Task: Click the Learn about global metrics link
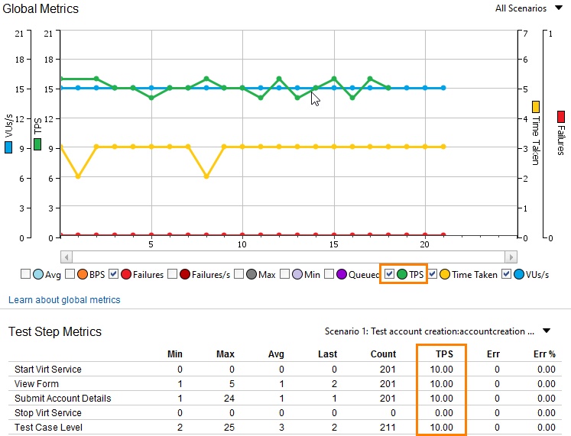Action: (64, 299)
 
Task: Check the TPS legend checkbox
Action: (389, 274)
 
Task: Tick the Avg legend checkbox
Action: (25, 274)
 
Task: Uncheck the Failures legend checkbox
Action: (113, 274)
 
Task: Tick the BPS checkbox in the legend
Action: (70, 274)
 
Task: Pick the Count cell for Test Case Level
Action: (388, 427)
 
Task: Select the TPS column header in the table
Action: (444, 354)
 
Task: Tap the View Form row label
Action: (37, 383)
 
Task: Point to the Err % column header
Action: (545, 354)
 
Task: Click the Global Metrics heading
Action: (41, 9)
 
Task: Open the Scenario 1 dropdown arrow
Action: (547, 331)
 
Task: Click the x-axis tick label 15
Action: (333, 244)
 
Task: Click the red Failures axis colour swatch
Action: (561, 117)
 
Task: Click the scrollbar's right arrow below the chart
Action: (511, 257)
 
